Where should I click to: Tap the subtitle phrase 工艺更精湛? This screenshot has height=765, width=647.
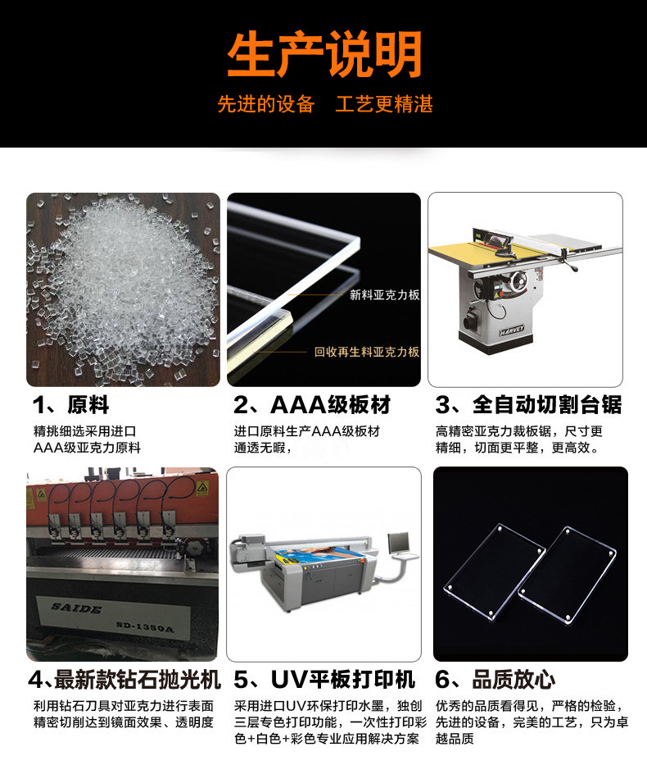click(x=384, y=104)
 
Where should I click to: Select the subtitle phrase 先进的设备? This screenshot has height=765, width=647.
click(x=266, y=104)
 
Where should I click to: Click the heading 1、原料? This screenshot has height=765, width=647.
click(x=70, y=405)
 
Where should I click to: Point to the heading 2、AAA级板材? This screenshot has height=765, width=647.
click(x=312, y=405)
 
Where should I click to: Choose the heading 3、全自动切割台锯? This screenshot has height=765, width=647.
click(x=529, y=405)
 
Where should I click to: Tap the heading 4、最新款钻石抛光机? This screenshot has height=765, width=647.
click(x=124, y=680)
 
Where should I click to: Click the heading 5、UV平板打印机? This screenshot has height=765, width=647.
click(x=324, y=680)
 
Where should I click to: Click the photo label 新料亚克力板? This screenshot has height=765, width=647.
click(x=384, y=294)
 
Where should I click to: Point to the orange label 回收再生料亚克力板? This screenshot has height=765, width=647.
click(x=367, y=352)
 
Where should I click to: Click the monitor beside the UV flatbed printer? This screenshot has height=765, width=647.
click(x=399, y=542)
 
